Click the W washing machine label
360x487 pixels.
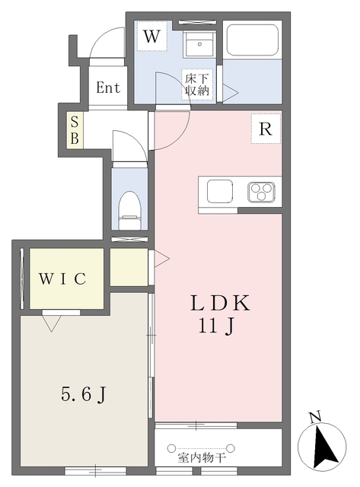click(x=152, y=37)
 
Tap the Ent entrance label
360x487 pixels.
click(x=108, y=88)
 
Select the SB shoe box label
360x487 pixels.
click(x=75, y=130)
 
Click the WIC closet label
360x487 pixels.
click(x=62, y=279)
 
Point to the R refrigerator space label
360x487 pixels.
click(x=266, y=129)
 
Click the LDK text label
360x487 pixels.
click(x=220, y=303)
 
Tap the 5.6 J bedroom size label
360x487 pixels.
click(x=84, y=395)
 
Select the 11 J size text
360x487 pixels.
click(x=216, y=326)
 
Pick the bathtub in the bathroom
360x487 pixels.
click(x=252, y=40)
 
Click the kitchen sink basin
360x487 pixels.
click(x=220, y=191)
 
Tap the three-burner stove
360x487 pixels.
click(x=262, y=192)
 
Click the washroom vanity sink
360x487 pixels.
click(x=199, y=44)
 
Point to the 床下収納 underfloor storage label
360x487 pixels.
click(x=197, y=84)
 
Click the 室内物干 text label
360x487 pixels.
click(x=202, y=457)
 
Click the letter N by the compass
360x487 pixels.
click(x=315, y=417)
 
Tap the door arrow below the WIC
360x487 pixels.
click(x=52, y=323)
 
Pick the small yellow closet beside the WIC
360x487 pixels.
click(x=129, y=267)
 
